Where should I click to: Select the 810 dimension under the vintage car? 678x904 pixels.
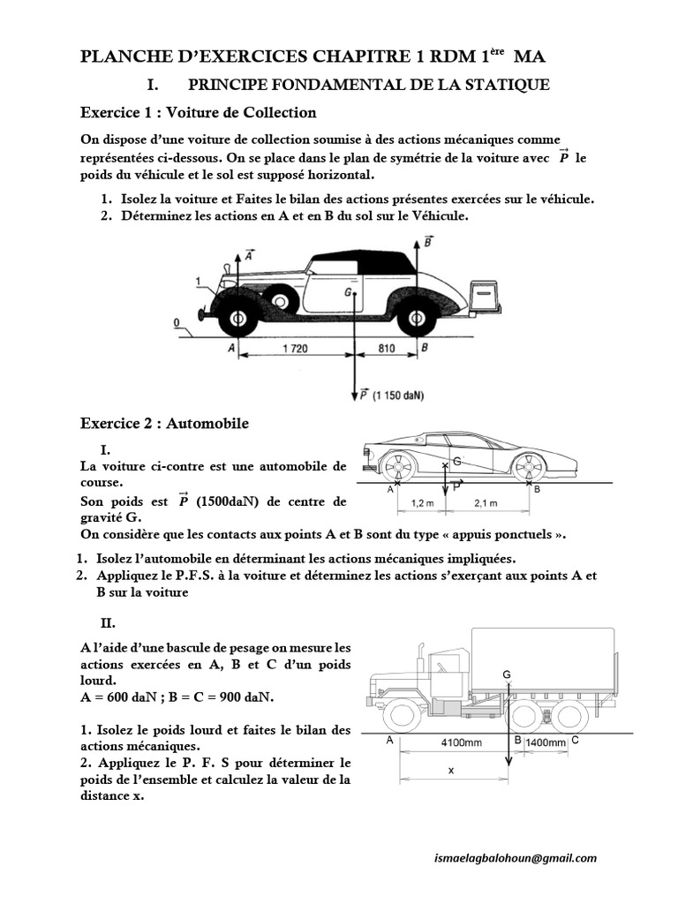[x=387, y=349]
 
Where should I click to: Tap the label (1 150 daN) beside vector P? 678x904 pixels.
[x=398, y=395]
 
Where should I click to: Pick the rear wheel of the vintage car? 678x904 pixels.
[x=415, y=316]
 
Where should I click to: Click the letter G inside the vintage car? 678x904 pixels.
[x=349, y=290]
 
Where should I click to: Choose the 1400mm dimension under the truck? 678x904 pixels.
[x=546, y=743]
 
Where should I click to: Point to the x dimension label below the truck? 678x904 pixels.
[x=450, y=770]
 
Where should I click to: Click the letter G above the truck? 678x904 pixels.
[x=507, y=674]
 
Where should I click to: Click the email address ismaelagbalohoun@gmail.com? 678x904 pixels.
[x=516, y=858]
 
